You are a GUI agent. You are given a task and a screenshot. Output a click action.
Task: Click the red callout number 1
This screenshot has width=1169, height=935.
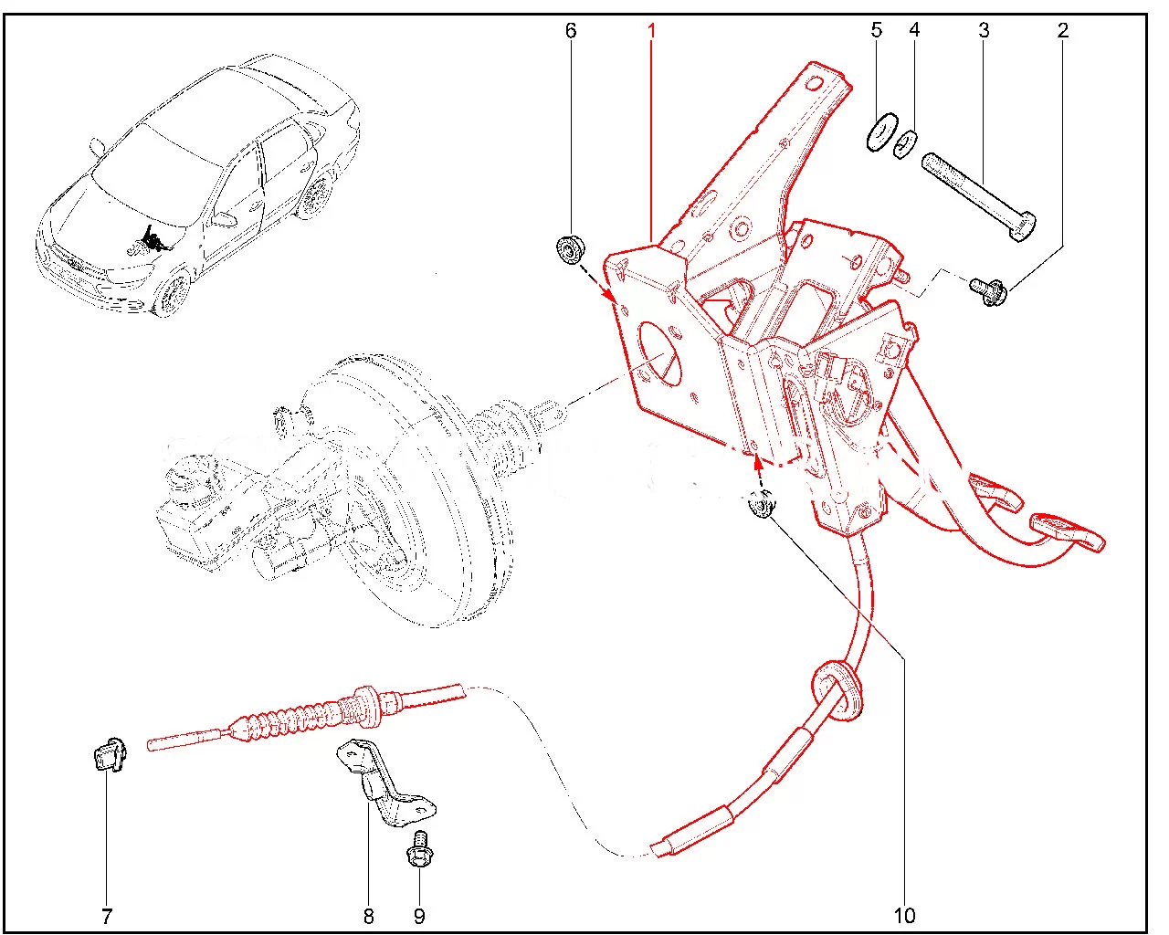tap(652, 31)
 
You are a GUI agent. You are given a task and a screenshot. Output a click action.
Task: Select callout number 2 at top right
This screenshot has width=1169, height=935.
tap(1062, 31)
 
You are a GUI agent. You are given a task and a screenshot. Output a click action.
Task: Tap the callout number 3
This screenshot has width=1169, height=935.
tap(984, 31)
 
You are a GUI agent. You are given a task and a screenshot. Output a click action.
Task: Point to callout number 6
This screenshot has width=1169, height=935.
tap(571, 31)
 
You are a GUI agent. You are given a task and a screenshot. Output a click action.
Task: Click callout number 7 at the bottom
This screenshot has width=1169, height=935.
tap(107, 916)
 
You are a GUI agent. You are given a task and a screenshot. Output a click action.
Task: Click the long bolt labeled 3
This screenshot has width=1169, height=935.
tap(979, 196)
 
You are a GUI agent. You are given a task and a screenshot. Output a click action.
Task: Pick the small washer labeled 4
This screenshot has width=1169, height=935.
tap(905, 144)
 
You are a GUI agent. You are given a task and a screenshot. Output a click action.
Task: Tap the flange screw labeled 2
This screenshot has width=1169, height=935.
tap(990, 291)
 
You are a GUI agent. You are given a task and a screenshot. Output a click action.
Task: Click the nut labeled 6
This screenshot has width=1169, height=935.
tap(571, 249)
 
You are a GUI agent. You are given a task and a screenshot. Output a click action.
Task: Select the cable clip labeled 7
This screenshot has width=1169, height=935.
tap(110, 756)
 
